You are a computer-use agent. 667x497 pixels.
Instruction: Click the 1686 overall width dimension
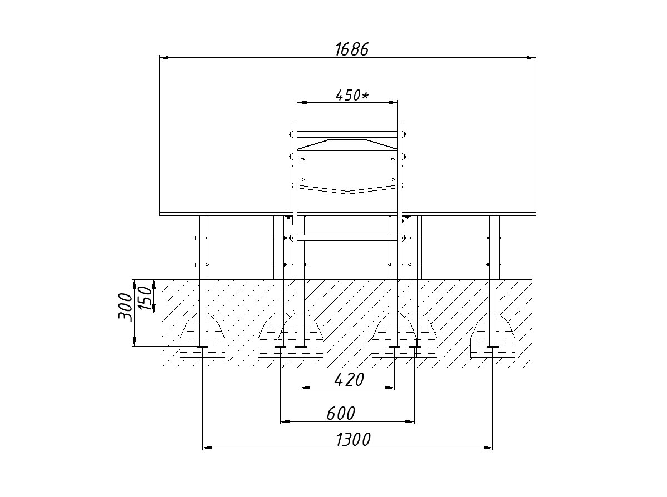(x=352, y=49)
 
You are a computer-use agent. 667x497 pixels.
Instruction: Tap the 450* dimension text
(x=352, y=96)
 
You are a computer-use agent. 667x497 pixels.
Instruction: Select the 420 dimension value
(x=349, y=380)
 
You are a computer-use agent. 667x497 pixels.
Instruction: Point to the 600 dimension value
(x=341, y=414)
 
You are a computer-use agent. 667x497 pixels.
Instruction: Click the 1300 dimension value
(x=354, y=440)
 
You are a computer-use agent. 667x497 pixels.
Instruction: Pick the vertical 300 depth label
(x=125, y=307)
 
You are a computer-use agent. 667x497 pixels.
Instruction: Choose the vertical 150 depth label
(x=145, y=298)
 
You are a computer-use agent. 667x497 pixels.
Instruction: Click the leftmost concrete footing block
(x=202, y=335)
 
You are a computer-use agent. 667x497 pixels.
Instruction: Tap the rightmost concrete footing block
(x=492, y=335)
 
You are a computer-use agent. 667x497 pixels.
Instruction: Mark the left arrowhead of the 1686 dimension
(x=164, y=57)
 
